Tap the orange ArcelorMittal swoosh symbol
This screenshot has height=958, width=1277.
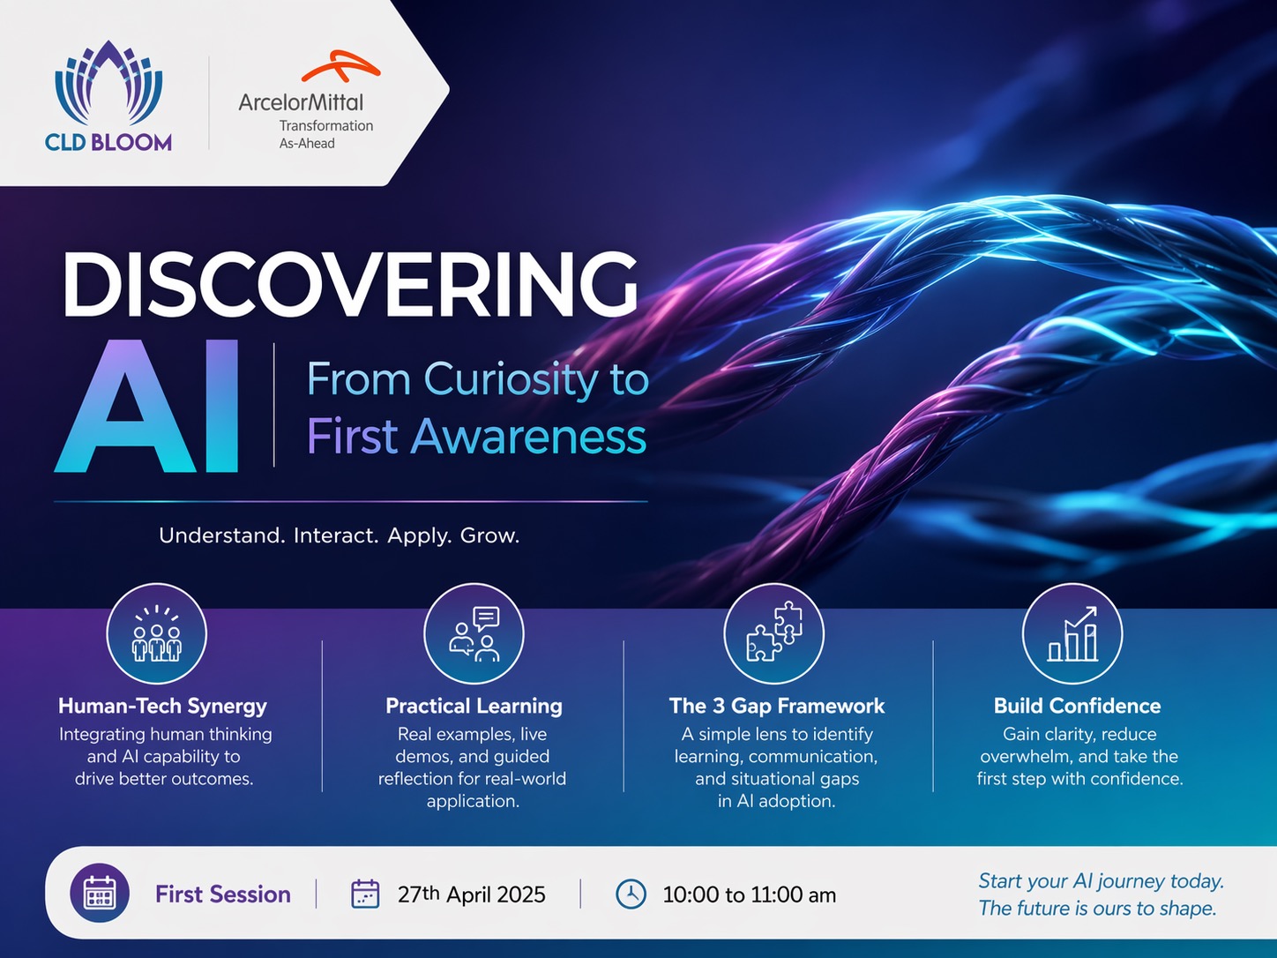[x=340, y=66]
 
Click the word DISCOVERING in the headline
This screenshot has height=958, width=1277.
[x=350, y=284]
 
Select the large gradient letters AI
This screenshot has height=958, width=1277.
[x=146, y=406]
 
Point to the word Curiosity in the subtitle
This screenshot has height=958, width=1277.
[x=513, y=379]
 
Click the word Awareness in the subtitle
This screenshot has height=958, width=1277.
[x=528, y=436]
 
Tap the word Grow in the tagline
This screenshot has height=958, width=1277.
[x=489, y=535]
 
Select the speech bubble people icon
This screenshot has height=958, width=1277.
[x=474, y=633]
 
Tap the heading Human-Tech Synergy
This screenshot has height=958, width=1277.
[x=162, y=706]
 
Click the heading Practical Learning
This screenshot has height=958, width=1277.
[x=474, y=706]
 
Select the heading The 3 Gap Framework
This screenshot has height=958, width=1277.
[x=777, y=706]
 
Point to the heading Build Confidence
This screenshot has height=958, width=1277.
[x=1077, y=706]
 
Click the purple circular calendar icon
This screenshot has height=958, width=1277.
[x=100, y=893]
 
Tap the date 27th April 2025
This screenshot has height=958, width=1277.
[x=471, y=894]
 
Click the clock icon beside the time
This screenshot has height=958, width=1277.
[x=631, y=894]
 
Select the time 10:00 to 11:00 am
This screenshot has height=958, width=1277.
[x=750, y=894]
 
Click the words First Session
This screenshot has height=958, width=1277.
[x=223, y=894]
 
